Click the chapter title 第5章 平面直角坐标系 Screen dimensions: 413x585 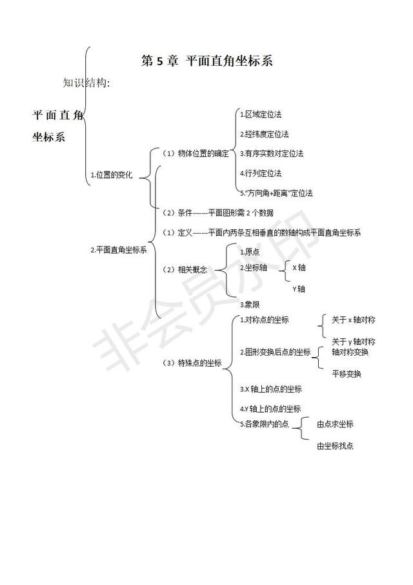(x=207, y=61)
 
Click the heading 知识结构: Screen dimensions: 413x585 (x=86, y=83)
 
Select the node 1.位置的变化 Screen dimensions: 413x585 (x=112, y=174)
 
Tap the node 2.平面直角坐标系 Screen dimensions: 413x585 (x=119, y=250)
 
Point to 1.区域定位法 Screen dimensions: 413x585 (x=261, y=114)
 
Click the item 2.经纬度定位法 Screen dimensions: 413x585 (x=265, y=134)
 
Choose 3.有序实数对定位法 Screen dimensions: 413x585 (x=272, y=153)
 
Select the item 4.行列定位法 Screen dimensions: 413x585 (x=261, y=174)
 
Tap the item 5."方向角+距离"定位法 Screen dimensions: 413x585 (x=277, y=193)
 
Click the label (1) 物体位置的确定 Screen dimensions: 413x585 (x=196, y=153)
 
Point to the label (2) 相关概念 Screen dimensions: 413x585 (x=185, y=270)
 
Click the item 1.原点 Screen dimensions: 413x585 (x=250, y=252)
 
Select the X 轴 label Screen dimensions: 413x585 (x=299, y=267)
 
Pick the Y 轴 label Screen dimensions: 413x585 (x=299, y=289)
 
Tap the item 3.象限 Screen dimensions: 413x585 (x=250, y=305)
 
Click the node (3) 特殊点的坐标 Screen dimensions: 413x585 (x=192, y=363)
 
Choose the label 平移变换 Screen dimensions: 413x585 (x=347, y=374)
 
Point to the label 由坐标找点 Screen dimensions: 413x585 (x=335, y=446)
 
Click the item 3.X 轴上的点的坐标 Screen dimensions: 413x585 (x=271, y=389)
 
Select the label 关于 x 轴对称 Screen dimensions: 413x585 (x=354, y=320)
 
